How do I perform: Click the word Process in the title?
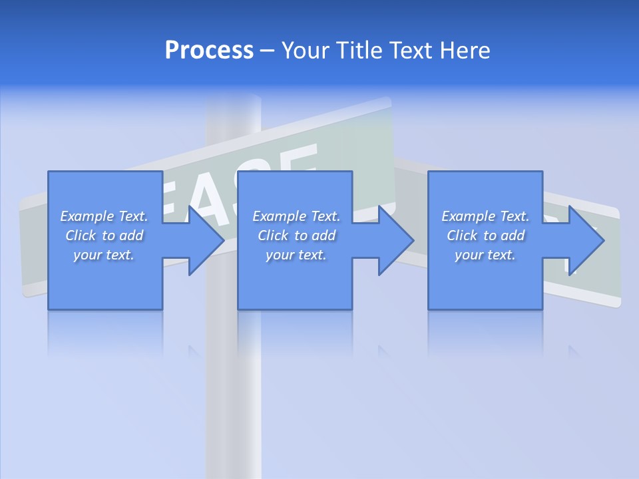[x=209, y=51]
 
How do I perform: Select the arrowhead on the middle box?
[x=396, y=240]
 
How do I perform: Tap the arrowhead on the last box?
[x=586, y=240]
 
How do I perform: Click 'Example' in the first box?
[x=87, y=216]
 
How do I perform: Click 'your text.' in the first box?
[x=104, y=255]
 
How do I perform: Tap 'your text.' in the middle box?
[x=296, y=255]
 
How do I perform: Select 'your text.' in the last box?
[x=485, y=255]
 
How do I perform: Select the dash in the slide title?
[x=268, y=51]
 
